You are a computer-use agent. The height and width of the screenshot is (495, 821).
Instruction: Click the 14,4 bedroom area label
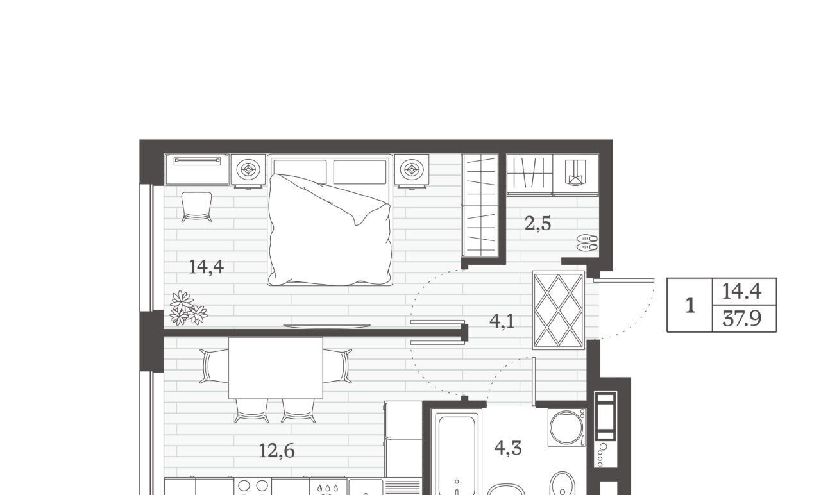pos(206,267)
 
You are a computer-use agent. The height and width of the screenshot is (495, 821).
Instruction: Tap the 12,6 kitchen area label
pos(276,451)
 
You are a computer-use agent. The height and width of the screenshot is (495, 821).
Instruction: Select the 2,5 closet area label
pos(537,224)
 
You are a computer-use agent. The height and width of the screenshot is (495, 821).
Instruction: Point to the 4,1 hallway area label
pos(502,321)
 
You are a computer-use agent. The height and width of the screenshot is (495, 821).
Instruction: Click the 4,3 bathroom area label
pos(508,448)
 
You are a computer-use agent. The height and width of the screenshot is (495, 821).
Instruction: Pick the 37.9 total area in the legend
pos(742,319)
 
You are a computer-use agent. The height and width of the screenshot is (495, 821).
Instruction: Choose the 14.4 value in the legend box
pos(742,292)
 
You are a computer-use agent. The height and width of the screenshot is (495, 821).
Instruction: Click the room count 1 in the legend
pos(690,305)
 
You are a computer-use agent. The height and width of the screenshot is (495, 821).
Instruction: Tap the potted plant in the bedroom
pos(189,308)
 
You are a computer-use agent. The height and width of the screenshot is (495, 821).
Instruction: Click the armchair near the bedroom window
pos(196,207)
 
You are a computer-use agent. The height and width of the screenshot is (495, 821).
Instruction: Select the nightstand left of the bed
pos(248,171)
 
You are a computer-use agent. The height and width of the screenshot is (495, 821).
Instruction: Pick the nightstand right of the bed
pos(412,171)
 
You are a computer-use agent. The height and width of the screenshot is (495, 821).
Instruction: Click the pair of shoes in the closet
pos(587,242)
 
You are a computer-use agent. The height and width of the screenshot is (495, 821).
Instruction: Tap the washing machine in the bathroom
pos(566,428)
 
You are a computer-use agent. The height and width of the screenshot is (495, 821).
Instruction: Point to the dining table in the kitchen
pos(276,368)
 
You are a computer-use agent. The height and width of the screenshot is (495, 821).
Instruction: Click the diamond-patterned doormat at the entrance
pos(558,310)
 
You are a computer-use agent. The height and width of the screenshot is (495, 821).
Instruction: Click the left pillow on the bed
pos(300,172)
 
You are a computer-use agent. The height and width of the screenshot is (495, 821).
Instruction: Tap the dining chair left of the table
pos(214,366)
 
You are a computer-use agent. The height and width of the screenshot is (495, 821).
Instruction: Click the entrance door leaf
pos(623,281)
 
